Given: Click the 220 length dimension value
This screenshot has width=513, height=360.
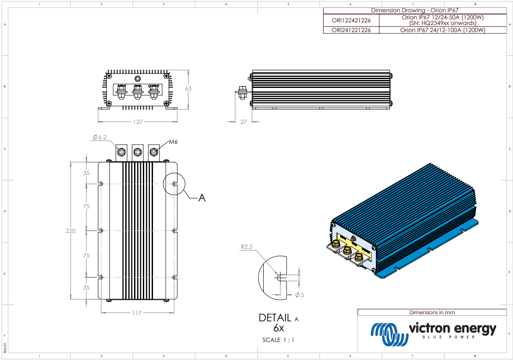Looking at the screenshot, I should coord(71,231).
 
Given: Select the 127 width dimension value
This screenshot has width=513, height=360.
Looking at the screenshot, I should coord(138,122).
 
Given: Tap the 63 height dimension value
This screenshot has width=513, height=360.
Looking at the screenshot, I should coord(188,88).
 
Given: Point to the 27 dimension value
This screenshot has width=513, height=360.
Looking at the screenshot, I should coord(243,122).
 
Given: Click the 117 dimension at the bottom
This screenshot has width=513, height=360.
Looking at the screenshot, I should coord(137,313).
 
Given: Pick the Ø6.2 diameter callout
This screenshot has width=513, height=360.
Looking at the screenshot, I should coord(100,137).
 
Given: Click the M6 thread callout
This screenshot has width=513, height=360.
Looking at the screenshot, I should coord(174,142).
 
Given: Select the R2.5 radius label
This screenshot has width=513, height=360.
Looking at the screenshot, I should coord(247,247).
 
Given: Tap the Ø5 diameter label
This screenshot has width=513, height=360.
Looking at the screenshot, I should coord(299,295).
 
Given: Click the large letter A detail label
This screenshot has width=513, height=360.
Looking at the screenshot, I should coord(202,198).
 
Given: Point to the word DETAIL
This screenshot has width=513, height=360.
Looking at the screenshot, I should coord(275,318).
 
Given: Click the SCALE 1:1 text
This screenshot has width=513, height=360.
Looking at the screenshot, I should coord(278,340).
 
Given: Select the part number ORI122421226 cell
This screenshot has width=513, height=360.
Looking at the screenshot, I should coord(351,20).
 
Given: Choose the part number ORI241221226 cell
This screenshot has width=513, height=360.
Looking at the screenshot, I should coord(351,30).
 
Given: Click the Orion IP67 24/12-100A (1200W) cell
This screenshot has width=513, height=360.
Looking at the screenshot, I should coord(442,30).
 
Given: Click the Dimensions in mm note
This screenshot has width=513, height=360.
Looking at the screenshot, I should coord(432,312).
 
